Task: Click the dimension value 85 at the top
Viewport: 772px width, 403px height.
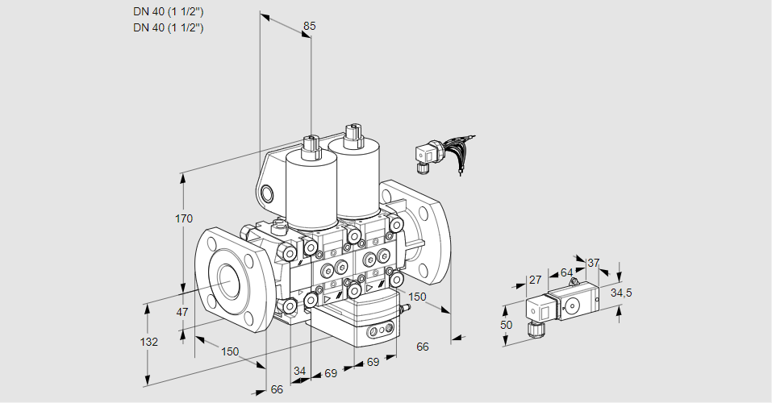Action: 309,26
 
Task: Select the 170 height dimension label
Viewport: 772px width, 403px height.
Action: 184,218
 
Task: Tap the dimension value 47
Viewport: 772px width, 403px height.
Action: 182,312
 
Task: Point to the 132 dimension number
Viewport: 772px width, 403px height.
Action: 148,342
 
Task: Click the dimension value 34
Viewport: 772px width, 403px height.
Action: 299,371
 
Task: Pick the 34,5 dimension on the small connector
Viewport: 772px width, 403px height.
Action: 621,293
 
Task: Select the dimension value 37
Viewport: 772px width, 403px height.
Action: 593,263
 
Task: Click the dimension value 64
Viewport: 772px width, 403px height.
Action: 566,272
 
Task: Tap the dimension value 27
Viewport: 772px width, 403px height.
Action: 535,280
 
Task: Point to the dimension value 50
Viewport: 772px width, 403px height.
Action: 506,325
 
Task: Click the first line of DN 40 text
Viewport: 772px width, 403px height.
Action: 169,12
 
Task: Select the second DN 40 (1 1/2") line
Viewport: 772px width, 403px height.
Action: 169,27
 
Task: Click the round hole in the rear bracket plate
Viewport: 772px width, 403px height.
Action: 266,193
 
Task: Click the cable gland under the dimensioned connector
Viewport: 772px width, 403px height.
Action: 534,329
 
